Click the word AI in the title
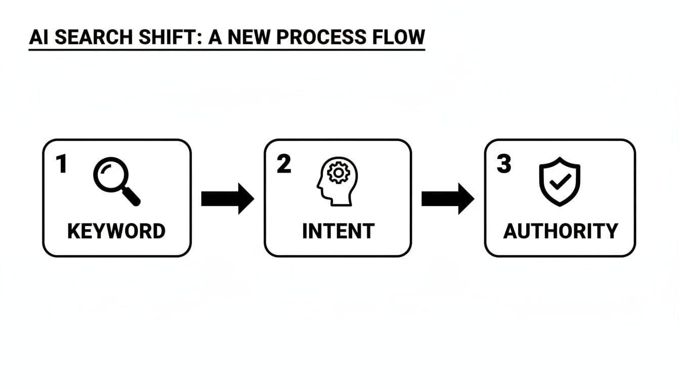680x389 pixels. (39, 37)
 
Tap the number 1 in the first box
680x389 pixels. (62, 165)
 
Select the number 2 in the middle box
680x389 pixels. (284, 165)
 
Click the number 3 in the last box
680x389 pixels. (504, 165)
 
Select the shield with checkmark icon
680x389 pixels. (559, 181)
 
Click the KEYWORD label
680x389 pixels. (116, 231)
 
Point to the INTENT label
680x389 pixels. (338, 231)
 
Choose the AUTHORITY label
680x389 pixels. (561, 231)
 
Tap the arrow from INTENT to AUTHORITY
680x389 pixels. (448, 199)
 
